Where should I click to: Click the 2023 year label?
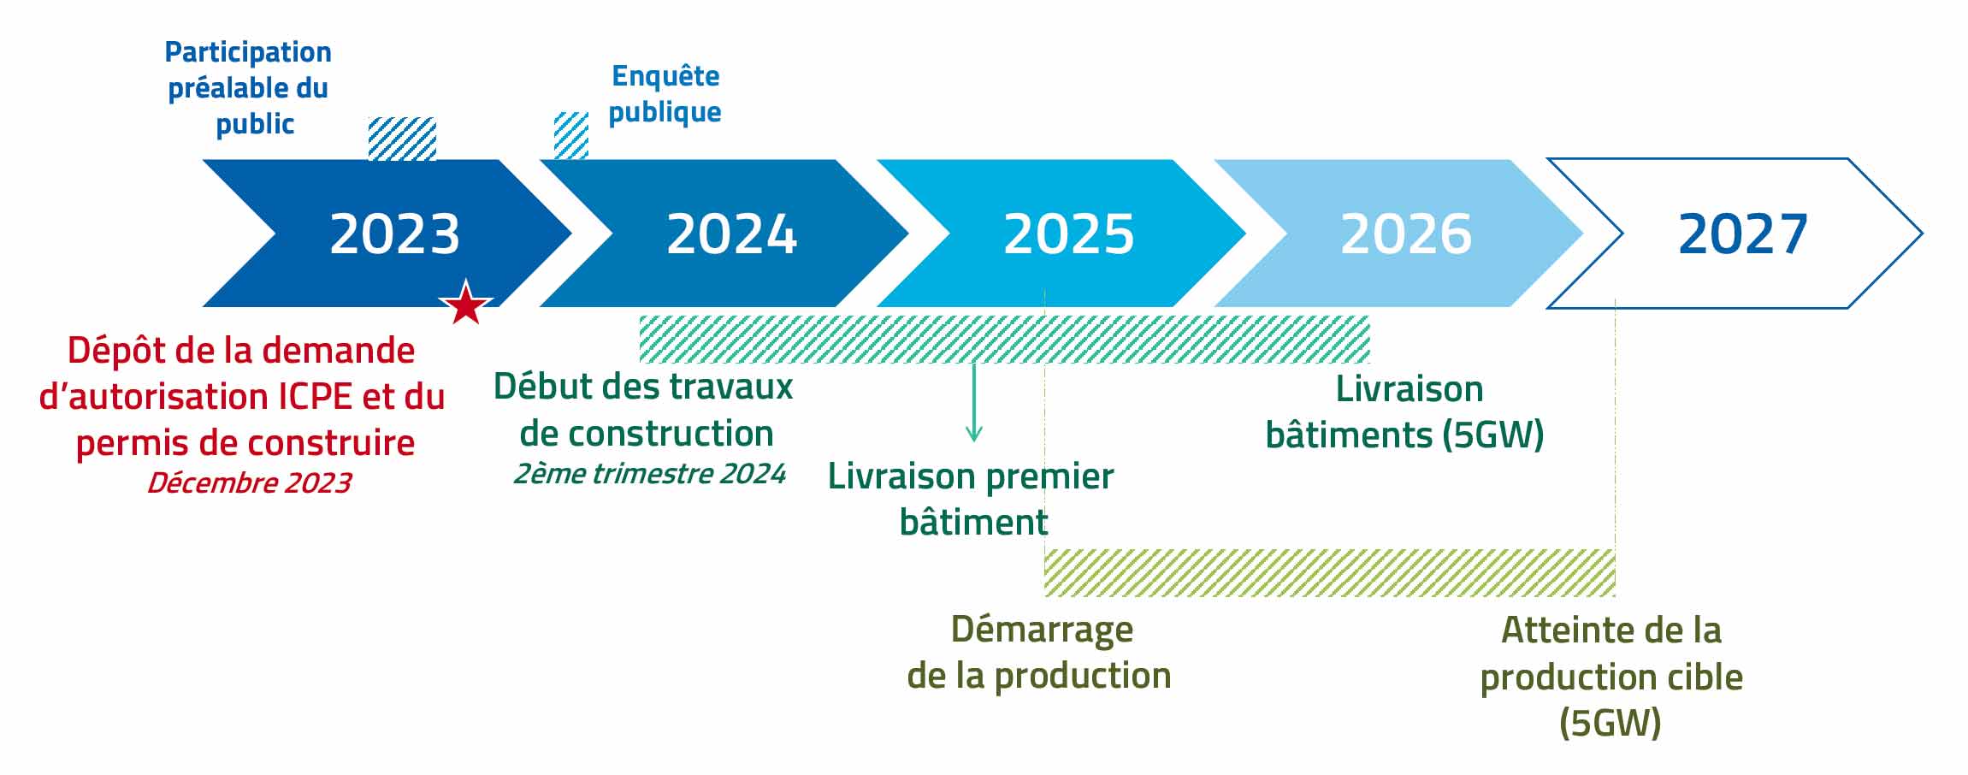(x=394, y=234)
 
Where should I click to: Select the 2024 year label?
(x=731, y=234)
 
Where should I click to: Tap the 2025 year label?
(x=1068, y=234)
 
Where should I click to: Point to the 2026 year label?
(x=1405, y=234)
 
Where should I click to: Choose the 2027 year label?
(x=1742, y=234)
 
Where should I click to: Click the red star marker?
(x=466, y=303)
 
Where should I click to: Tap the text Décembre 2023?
(x=249, y=483)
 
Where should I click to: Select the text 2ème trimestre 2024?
(x=649, y=474)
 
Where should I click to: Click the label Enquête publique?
(x=665, y=94)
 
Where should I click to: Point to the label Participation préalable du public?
(x=248, y=88)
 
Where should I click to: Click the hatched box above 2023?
(x=402, y=139)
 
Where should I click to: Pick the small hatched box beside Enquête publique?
(x=571, y=135)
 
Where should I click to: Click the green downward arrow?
(x=973, y=403)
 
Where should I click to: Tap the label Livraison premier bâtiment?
(x=972, y=499)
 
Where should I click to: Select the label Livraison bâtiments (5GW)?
(x=1405, y=412)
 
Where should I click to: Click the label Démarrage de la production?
(x=1039, y=653)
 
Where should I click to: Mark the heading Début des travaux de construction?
(x=644, y=411)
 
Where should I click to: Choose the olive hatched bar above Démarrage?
(x=1330, y=572)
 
